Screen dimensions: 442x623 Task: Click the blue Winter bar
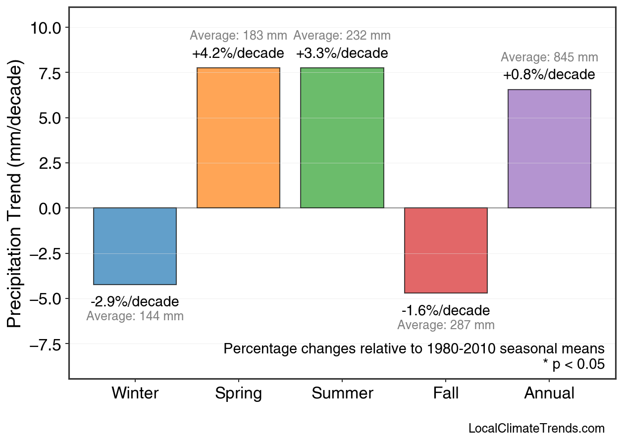click(x=135, y=246)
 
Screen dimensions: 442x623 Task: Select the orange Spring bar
click(x=238, y=138)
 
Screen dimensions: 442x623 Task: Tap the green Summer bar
click(x=342, y=138)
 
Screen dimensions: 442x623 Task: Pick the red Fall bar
click(x=446, y=250)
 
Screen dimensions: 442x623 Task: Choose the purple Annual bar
click(x=549, y=148)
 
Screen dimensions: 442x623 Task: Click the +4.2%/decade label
click(x=238, y=53)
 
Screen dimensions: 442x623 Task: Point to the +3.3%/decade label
click(x=342, y=53)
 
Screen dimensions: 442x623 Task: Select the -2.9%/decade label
click(x=135, y=301)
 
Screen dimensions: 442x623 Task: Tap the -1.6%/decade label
click(x=446, y=310)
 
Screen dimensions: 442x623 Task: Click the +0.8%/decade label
click(x=549, y=75)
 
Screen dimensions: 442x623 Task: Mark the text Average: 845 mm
click(x=549, y=57)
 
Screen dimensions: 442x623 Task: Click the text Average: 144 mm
click(x=135, y=316)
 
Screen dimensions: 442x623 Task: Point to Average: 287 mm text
click(x=446, y=325)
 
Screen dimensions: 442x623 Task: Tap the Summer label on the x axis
click(x=342, y=393)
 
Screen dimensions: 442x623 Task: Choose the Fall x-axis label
click(x=446, y=393)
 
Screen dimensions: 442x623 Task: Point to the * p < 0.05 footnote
click(x=573, y=364)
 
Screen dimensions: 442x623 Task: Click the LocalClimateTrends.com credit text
click(x=536, y=428)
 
